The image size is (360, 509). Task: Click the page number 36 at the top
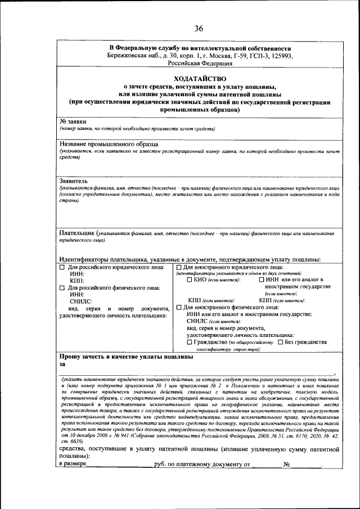pyautogui.click(x=199, y=29)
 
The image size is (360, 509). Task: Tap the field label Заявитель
pyautogui.click(x=74, y=181)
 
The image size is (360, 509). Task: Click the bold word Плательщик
pyautogui.click(x=77, y=232)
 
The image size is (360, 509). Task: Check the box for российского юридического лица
pyautogui.click(x=62, y=267)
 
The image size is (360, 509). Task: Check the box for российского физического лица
pyautogui.click(x=62, y=287)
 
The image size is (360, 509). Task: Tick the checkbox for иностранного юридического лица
pyautogui.click(x=179, y=267)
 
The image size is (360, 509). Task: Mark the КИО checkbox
pyautogui.click(x=188, y=280)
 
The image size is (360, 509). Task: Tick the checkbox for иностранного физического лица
pyautogui.click(x=179, y=307)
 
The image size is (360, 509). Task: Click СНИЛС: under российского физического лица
pyautogui.click(x=80, y=301)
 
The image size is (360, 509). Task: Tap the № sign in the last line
pyautogui.click(x=286, y=465)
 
